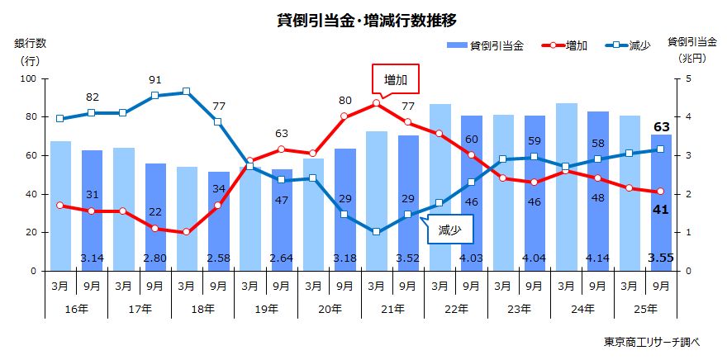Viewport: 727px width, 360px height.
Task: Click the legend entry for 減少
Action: coord(630,45)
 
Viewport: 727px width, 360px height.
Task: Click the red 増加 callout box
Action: coord(396,79)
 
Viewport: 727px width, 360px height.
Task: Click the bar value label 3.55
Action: coord(660,258)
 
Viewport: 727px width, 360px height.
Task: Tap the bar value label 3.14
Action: coord(93,258)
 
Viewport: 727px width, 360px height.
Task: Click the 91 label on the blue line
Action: coord(155,80)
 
